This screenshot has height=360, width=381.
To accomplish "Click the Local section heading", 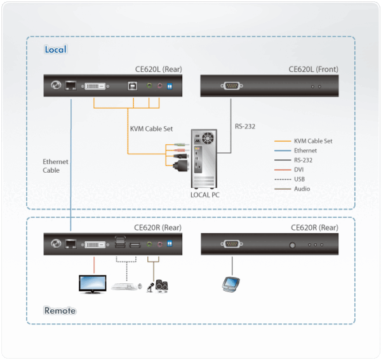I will tap(55, 50).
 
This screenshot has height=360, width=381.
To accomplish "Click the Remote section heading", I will tap(60, 310).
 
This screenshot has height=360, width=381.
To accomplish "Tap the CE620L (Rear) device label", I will tap(158, 69).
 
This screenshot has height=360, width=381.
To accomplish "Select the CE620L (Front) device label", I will tap(313, 69).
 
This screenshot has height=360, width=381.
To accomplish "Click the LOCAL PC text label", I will tap(205, 195).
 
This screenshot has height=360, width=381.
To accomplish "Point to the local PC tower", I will tap(205, 159).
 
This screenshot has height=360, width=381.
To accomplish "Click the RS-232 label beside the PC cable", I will tap(244, 126).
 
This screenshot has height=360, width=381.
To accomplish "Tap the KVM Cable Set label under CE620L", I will tap(151, 128).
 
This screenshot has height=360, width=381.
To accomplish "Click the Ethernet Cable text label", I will tap(55, 166).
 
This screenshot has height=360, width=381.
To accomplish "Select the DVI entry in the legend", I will tap(300, 170).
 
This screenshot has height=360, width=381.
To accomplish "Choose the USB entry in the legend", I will tap(300, 179).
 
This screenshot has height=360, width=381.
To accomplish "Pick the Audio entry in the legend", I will tap(302, 189).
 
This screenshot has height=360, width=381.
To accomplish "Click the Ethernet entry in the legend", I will tap(305, 150).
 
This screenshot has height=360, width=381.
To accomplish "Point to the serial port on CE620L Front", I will tap(232, 86).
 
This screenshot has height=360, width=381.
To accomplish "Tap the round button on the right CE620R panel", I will tap(293, 244).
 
